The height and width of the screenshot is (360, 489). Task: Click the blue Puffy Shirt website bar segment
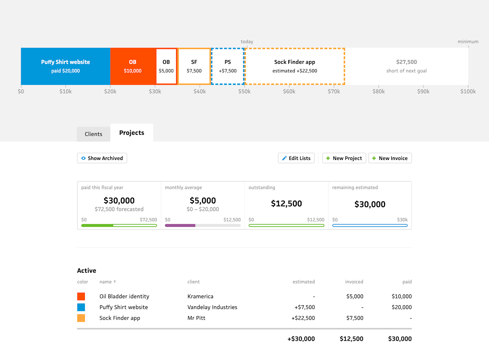click(66, 66)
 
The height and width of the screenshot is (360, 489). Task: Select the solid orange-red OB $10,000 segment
click(133, 66)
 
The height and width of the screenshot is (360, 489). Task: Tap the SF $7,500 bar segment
click(194, 66)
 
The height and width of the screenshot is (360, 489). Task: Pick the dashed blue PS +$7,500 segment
click(228, 66)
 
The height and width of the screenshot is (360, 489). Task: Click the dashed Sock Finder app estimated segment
click(295, 66)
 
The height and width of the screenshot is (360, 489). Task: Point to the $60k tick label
click(289, 91)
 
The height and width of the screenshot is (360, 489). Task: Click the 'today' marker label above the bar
click(247, 41)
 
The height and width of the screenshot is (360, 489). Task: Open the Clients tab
click(93, 134)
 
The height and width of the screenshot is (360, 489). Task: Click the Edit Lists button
click(296, 158)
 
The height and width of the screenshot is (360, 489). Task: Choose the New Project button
click(344, 158)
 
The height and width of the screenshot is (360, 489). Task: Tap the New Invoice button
click(390, 158)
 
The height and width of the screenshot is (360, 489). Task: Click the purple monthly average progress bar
click(180, 226)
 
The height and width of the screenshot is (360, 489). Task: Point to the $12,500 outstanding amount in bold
click(286, 203)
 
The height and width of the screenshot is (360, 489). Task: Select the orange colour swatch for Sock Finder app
click(81, 318)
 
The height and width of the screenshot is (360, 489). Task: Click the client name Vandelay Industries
click(212, 307)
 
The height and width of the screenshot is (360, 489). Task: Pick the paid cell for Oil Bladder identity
click(401, 296)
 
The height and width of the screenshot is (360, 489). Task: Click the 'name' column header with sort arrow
click(108, 282)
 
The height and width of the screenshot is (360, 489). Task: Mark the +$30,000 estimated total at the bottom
click(301, 339)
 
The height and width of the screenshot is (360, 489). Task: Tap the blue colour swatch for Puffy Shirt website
click(81, 307)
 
